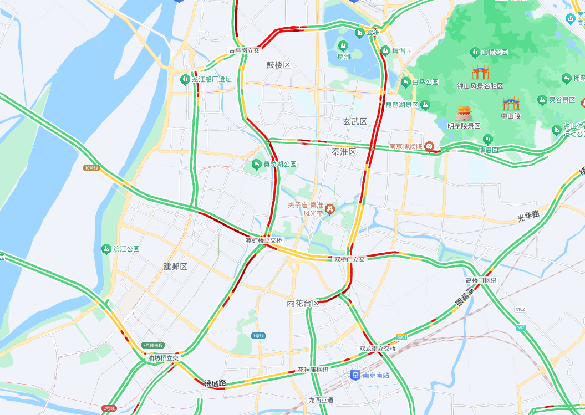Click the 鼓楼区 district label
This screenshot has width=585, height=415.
click(278, 65)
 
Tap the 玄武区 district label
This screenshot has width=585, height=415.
click(355, 121)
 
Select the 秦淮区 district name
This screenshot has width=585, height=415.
click(344, 151)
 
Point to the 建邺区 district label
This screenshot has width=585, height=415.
click(175, 267)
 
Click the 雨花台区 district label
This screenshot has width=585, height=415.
click(303, 303)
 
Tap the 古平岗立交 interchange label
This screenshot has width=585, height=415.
click(245, 50)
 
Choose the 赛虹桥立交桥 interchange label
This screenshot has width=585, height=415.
click(264, 240)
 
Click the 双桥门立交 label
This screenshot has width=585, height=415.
click(349, 259)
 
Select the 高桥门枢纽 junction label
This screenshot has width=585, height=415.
click(481, 280)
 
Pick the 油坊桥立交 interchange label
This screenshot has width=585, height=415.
click(163, 358)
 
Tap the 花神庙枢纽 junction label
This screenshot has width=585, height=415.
click(313, 370)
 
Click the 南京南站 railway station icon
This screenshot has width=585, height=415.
click(355, 375)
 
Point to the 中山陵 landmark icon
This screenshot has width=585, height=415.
click(510, 104)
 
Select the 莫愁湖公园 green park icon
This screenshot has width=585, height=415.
click(256, 164)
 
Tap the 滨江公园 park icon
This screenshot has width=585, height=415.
click(106, 249)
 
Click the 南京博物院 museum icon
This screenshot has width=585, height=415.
click(429, 146)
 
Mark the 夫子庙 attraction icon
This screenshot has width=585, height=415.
click(330, 209)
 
